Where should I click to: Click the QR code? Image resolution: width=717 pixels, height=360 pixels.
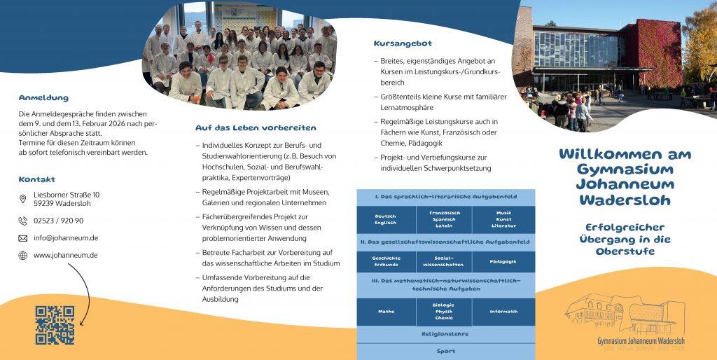click(x=55, y=325)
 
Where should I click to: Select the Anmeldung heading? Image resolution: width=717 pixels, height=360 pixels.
click(x=43, y=98)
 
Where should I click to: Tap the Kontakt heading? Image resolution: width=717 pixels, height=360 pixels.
click(x=36, y=179)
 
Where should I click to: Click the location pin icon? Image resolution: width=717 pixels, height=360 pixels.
click(x=23, y=199)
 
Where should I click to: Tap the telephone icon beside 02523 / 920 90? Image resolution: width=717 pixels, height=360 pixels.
click(x=23, y=221)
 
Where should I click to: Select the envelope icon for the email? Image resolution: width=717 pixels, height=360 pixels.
click(x=23, y=238)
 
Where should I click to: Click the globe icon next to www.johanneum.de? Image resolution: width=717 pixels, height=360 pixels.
click(x=23, y=256)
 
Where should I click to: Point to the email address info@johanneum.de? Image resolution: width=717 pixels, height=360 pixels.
click(x=66, y=238)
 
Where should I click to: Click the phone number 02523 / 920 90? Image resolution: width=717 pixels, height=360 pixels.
click(x=58, y=221)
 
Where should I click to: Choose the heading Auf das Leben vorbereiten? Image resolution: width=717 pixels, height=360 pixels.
click(x=256, y=128)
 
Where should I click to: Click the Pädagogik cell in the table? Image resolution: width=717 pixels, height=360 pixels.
click(x=503, y=261)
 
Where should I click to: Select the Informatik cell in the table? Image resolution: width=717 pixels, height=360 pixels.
click(x=503, y=312)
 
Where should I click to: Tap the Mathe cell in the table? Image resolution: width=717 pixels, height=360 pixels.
click(x=386, y=312)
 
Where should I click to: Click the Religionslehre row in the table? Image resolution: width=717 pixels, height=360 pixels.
click(x=445, y=334)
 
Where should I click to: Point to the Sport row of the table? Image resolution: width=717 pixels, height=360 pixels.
click(x=445, y=352)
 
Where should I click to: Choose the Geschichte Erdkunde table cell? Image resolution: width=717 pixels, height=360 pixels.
click(x=386, y=261)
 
